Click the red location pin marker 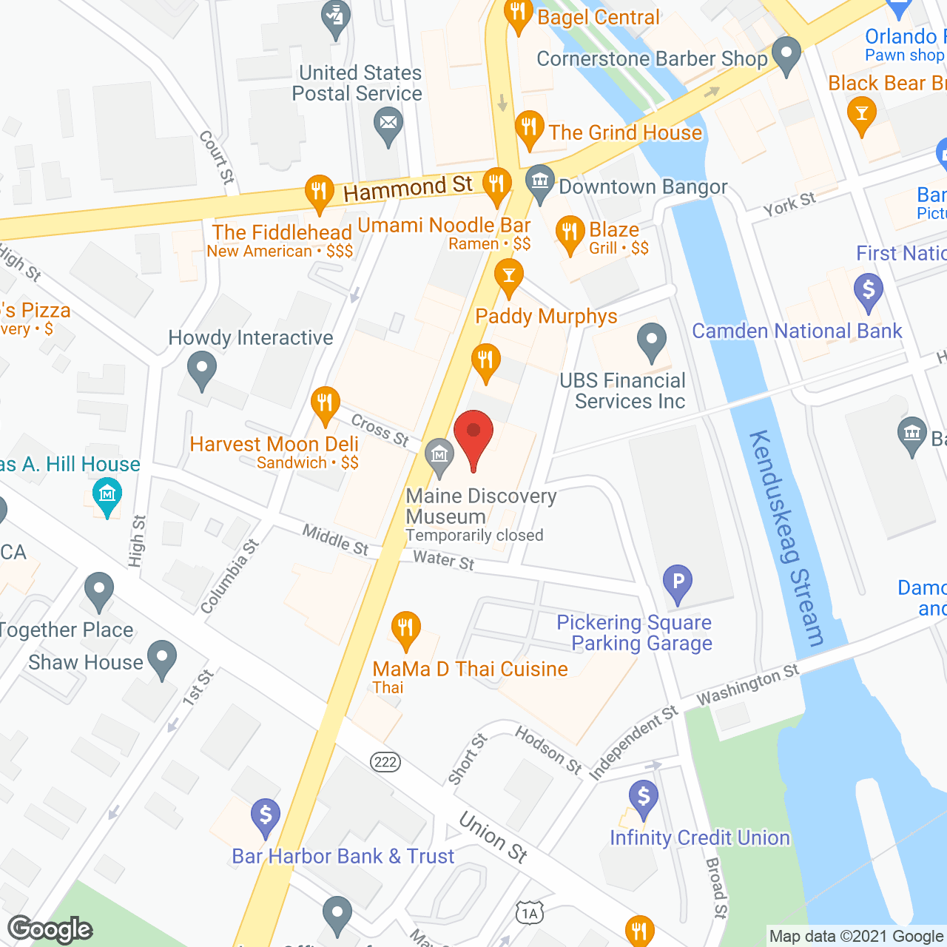click(x=473, y=437)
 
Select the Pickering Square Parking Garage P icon click(x=677, y=582)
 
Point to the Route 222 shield click(x=385, y=762)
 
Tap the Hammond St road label click(x=408, y=189)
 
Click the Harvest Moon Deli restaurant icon click(x=325, y=404)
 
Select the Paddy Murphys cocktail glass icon click(x=508, y=276)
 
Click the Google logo click(x=50, y=929)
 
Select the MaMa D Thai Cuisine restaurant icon click(x=405, y=629)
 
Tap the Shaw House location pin click(x=162, y=658)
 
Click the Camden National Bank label click(x=797, y=331)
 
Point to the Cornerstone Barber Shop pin click(x=786, y=54)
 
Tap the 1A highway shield click(x=530, y=914)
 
